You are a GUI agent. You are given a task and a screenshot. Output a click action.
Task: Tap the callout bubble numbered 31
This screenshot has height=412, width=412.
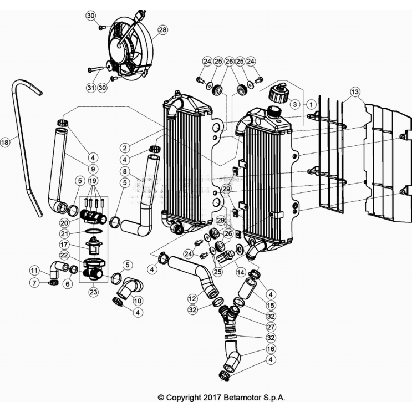point(91,87)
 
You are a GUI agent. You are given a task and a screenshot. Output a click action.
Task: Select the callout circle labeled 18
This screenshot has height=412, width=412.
point(5,143)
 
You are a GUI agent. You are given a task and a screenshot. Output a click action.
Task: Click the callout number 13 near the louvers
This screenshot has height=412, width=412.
point(355,91)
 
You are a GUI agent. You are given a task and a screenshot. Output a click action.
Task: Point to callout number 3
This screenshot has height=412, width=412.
point(295,104)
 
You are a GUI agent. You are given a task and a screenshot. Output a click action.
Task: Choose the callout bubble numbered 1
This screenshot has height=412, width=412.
point(312,104)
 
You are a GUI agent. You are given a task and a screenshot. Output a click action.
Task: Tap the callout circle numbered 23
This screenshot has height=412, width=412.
point(93,290)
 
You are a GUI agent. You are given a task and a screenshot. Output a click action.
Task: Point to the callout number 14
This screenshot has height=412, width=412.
point(241,272)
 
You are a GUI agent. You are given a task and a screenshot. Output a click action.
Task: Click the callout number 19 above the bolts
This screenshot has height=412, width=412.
point(93,181)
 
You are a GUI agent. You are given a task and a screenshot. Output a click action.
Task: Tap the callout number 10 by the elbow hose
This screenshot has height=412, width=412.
point(138,300)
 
